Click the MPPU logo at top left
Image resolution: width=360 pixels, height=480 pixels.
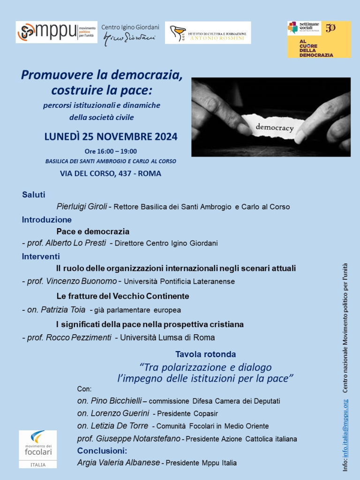coord(56,32)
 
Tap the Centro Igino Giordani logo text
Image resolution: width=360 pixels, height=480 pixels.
coord(130,32)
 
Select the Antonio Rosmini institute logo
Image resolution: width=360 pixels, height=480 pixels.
coord(208,32)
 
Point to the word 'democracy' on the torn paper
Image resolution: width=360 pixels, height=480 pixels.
coord(275,127)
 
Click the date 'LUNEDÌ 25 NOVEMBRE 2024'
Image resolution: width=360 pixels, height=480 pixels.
coord(111,137)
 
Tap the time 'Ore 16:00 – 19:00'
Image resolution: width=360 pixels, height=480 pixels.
coord(111,151)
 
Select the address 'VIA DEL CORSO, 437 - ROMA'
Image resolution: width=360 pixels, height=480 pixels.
coord(111,173)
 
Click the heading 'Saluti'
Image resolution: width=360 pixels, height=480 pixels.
coord(34,195)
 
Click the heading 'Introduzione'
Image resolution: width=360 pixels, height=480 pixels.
coord(47,219)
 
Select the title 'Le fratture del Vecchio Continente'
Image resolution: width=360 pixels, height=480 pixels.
coord(123,296)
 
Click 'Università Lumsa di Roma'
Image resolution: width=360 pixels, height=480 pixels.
coord(167,337)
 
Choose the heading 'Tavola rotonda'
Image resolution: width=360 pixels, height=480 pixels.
coord(205,354)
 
